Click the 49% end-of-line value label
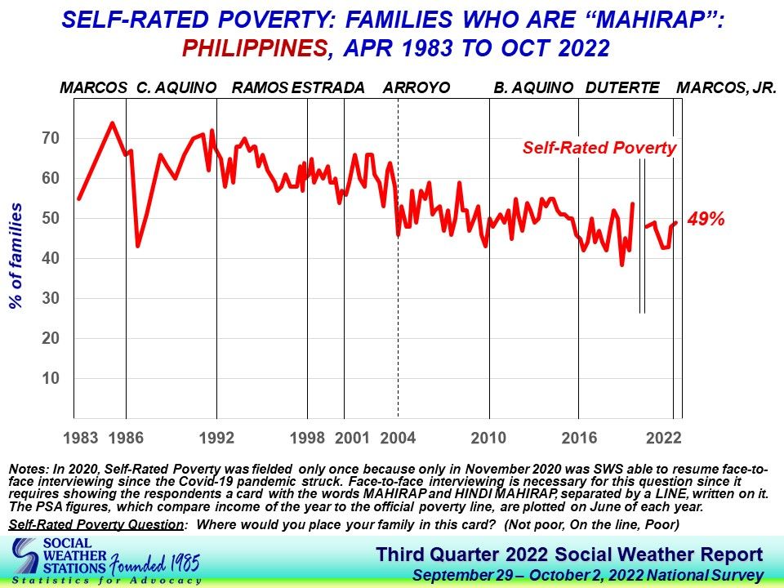pos(706,220)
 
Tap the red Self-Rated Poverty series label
pos(599,148)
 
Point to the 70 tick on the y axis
pos(51,138)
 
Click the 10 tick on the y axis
pos(51,378)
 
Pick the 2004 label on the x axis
pos(399,438)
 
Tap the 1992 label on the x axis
pos(216,438)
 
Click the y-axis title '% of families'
pos(16,256)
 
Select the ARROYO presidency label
pos(416,87)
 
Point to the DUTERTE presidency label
pos(621,87)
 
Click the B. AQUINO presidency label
pos(532,87)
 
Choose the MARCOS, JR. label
pos(727,87)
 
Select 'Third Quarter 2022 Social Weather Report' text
pos(569,555)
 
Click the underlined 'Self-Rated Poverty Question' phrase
pos(96,523)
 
